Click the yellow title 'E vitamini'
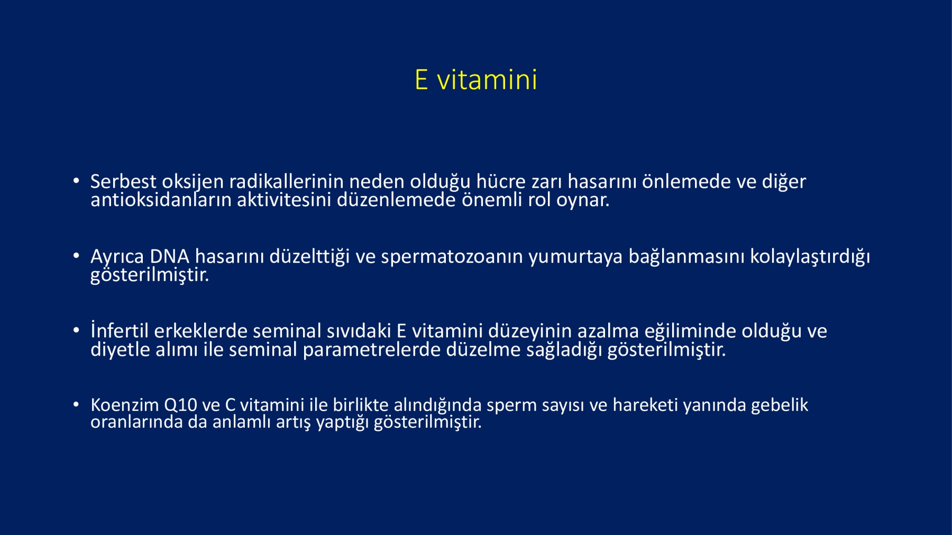(476, 80)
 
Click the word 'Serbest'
(123, 181)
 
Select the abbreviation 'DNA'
(169, 256)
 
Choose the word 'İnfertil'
(120, 330)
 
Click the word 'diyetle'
(120, 350)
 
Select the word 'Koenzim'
(125, 405)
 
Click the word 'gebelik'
(780, 405)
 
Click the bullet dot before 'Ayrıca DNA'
(76, 256)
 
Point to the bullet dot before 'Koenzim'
(76, 404)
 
